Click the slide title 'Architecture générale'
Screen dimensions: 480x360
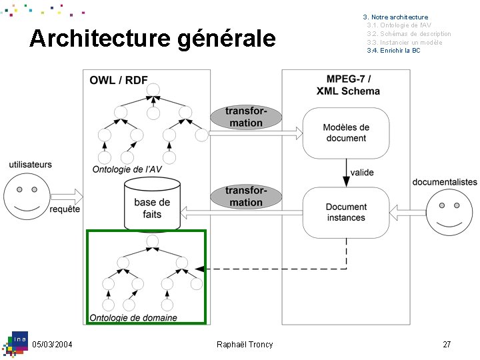153,39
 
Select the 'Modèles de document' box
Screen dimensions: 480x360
346,133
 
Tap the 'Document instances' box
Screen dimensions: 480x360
346,213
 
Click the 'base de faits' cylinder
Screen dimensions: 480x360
152,204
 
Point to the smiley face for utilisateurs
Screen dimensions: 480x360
27,196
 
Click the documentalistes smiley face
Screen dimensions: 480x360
449,213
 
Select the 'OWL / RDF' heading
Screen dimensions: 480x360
119,80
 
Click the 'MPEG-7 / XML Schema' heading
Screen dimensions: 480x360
348,85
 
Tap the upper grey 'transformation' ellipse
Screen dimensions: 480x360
246,117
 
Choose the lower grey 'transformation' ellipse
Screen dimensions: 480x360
246,197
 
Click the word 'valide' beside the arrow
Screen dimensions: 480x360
362,173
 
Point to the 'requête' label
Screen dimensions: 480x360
65,209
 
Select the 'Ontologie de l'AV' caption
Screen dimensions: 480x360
127,169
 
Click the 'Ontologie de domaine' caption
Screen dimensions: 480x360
133,317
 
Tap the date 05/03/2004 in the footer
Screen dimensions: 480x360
52,345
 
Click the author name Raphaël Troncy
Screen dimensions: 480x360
245,345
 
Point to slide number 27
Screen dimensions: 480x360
447,345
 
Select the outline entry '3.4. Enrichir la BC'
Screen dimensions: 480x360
394,51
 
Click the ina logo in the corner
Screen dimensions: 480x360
15,344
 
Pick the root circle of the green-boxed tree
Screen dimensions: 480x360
153,241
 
